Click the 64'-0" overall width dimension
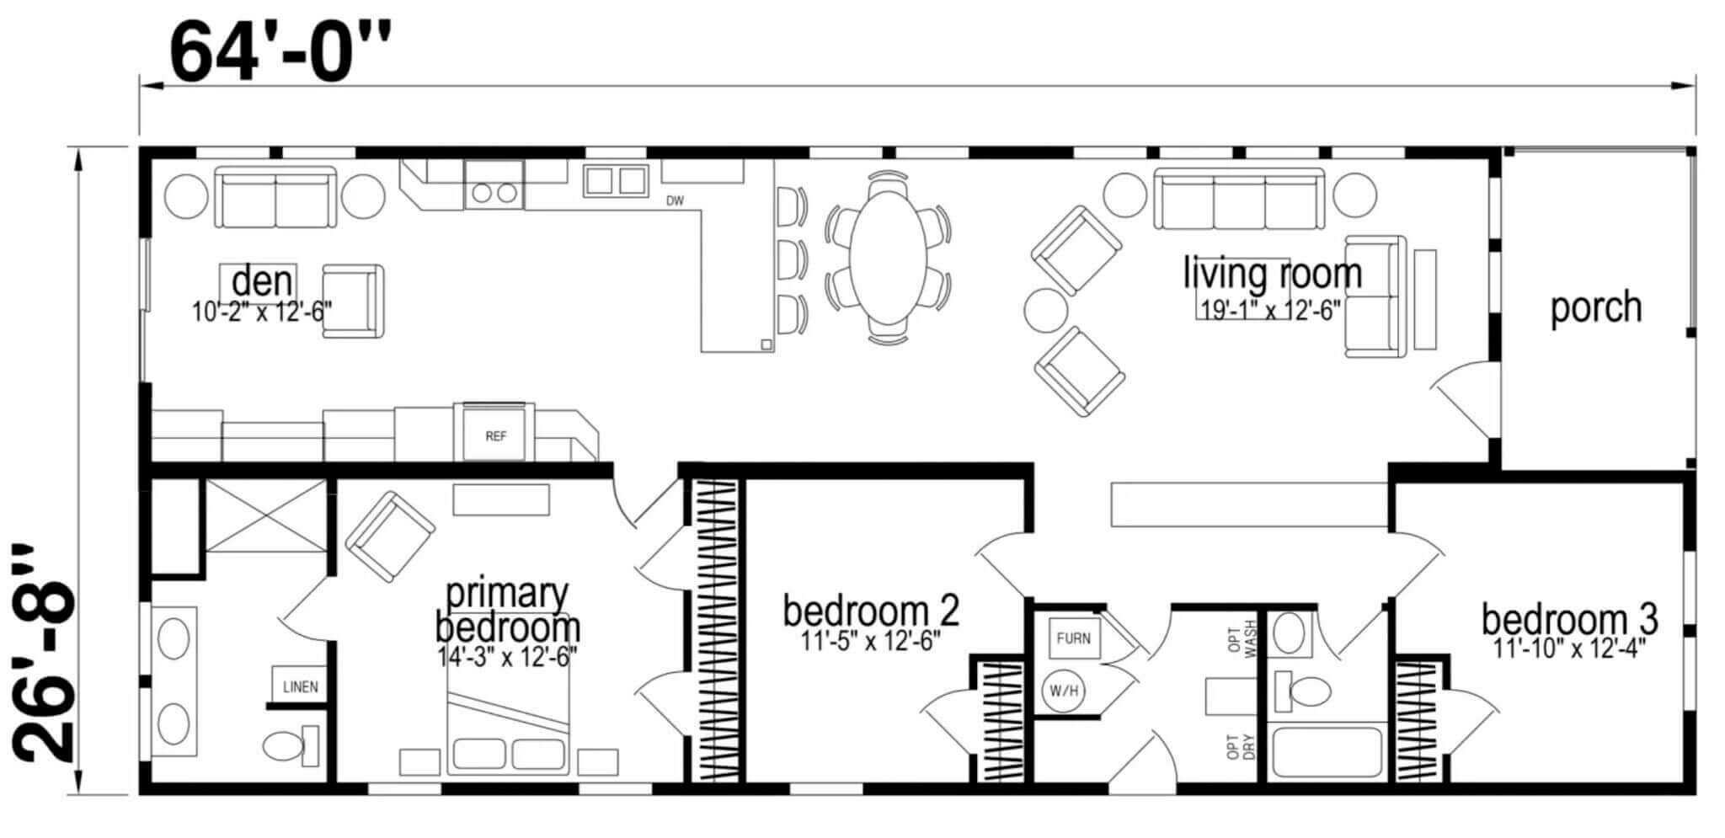pyautogui.click(x=280, y=51)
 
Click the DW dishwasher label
pyautogui.click(x=675, y=201)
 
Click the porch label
pyautogui.click(x=1596, y=307)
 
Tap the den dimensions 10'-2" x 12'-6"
pyautogui.click(x=262, y=312)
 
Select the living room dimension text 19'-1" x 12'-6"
pyautogui.click(x=1270, y=310)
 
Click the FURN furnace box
pyautogui.click(x=1073, y=638)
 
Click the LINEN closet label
pyautogui.click(x=300, y=686)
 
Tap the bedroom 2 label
pyautogui.click(x=870, y=611)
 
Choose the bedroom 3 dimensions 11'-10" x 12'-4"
pyautogui.click(x=1569, y=649)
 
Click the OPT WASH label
pyautogui.click(x=1242, y=637)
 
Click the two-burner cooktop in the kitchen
pyautogui.click(x=494, y=185)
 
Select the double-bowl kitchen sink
pyautogui.click(x=616, y=181)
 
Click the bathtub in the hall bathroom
pyautogui.click(x=1327, y=751)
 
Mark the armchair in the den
pyautogui.click(x=354, y=302)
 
